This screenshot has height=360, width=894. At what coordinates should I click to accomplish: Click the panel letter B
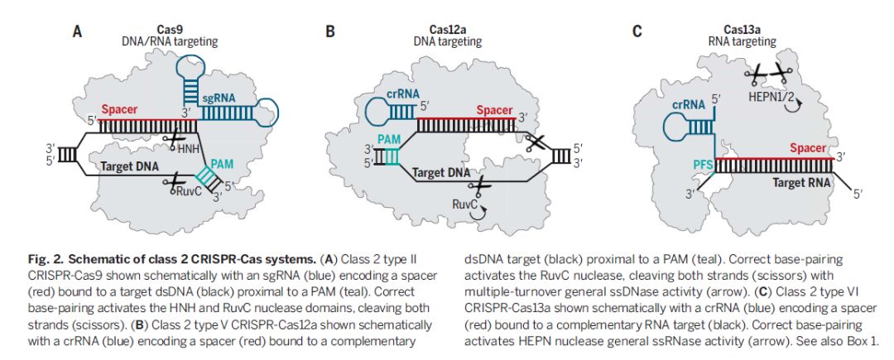click(329, 33)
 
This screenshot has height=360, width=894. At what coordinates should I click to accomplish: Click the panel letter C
click(637, 33)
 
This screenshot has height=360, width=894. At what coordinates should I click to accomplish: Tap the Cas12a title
click(447, 28)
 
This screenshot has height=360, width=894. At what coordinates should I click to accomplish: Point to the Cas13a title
click(741, 28)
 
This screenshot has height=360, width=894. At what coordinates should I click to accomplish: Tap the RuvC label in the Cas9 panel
click(189, 190)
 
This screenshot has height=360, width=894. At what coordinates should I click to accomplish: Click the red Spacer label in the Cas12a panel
click(494, 109)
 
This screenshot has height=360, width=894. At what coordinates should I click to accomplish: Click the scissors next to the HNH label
click(171, 140)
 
